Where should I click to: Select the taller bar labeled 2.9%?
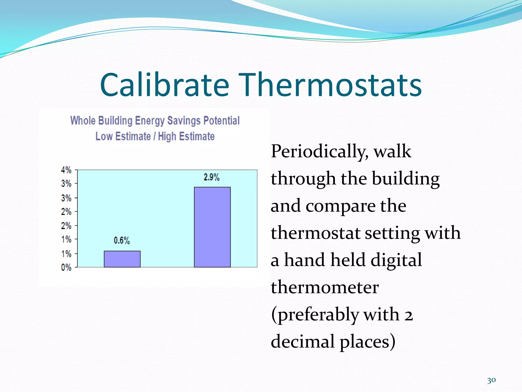click(x=212, y=227)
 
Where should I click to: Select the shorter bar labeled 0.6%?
click(x=122, y=259)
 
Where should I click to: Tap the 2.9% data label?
click(x=211, y=177)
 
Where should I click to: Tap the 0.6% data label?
click(x=122, y=240)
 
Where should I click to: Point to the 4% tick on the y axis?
click(x=66, y=170)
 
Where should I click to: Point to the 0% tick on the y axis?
click(x=66, y=267)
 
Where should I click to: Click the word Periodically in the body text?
click(x=319, y=152)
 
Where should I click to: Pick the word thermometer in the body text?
click(x=325, y=287)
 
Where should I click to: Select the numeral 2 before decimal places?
click(x=408, y=315)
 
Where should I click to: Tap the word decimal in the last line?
click(x=302, y=342)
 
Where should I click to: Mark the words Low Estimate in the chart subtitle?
click(x=123, y=136)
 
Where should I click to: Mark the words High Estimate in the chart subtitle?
click(x=186, y=136)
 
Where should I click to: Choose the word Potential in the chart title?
click(x=221, y=121)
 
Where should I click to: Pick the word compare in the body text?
click(x=340, y=206)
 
